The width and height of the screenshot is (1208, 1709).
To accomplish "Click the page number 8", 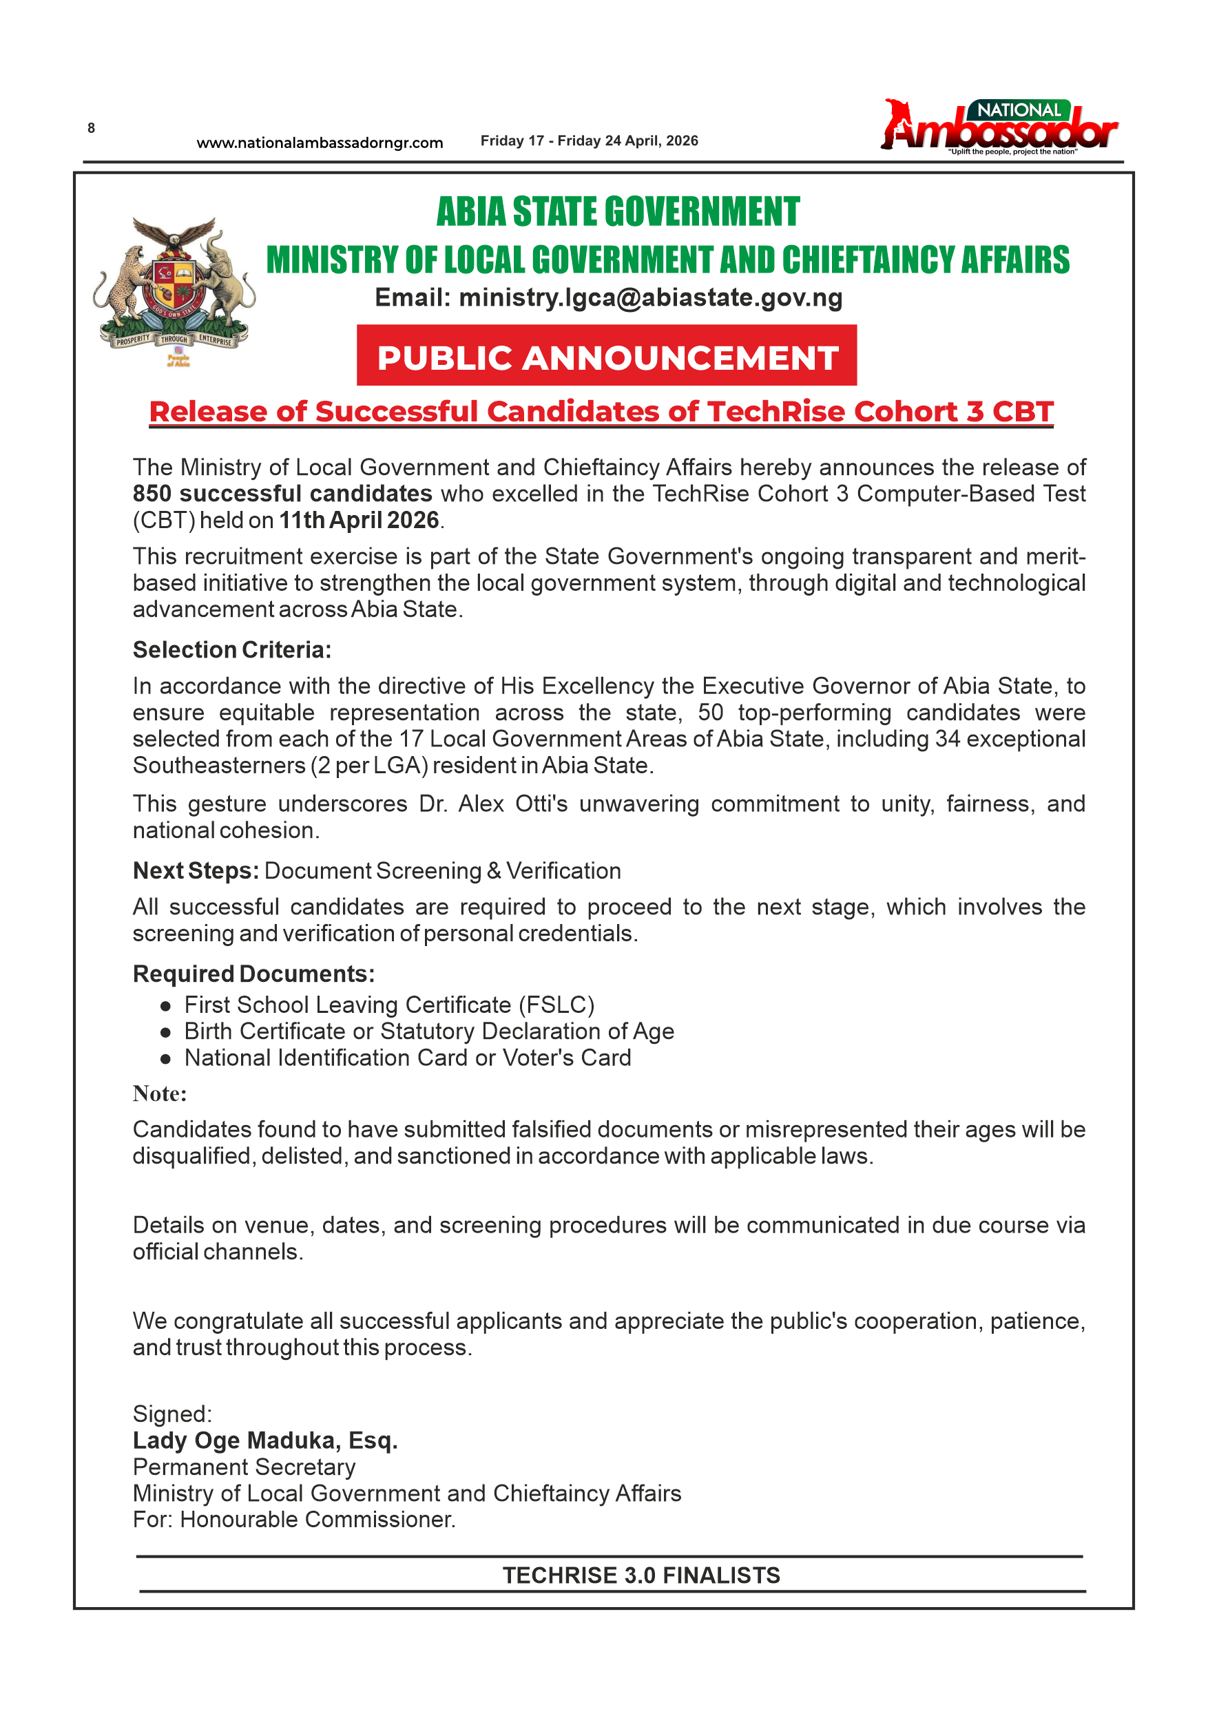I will (91, 128).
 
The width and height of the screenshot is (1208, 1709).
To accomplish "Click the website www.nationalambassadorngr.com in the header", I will (320, 143).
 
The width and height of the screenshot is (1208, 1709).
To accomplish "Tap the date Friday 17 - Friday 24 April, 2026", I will (589, 140).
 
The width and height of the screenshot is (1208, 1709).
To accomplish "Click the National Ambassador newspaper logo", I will (998, 127).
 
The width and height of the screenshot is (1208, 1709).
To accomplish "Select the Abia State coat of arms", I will (176, 291).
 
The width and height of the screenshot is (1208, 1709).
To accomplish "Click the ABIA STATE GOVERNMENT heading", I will (617, 212).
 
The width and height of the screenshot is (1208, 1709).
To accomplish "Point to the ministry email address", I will (651, 297).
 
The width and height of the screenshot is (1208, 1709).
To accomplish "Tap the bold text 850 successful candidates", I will (282, 494).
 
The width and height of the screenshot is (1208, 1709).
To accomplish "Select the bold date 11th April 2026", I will (359, 521).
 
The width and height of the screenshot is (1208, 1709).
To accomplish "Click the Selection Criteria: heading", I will (231, 650).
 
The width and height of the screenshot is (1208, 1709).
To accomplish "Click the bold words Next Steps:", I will (196, 871).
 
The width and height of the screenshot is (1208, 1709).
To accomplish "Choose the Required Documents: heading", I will (253, 974).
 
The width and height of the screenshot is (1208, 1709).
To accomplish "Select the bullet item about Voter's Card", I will (407, 1058).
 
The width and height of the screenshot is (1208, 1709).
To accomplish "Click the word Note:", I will (159, 1093).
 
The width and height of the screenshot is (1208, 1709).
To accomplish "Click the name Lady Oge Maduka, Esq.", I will (265, 1440).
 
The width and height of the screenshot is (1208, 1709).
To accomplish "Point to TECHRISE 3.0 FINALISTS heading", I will (641, 1575).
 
